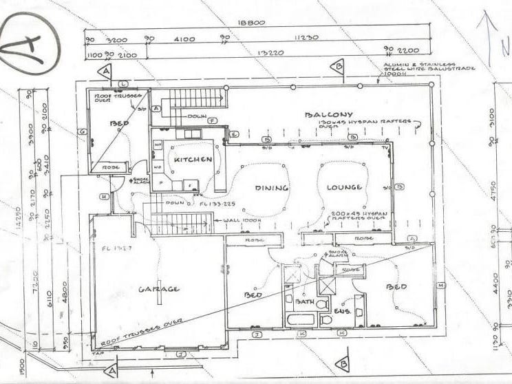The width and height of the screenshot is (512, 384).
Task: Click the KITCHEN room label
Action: (193, 159)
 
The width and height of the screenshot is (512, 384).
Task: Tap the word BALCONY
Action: (330, 114)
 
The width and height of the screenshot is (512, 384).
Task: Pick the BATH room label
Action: (304, 301)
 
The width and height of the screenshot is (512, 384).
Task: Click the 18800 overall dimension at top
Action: (251, 23)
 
